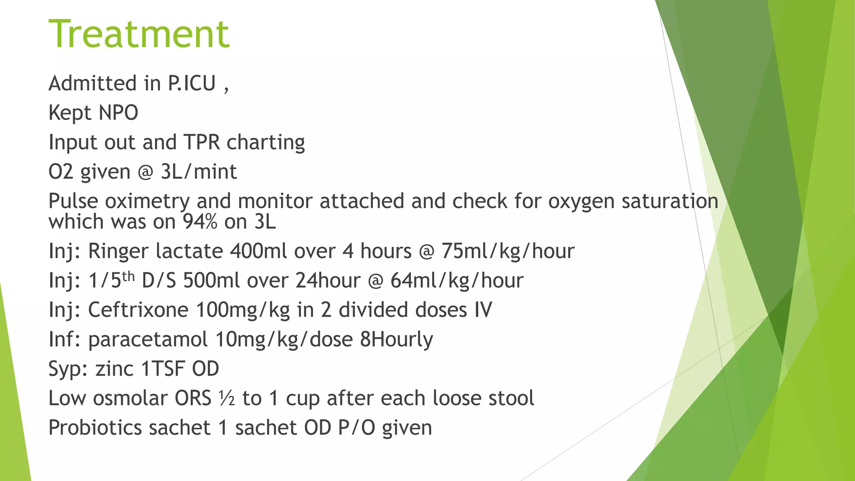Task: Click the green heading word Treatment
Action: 139,34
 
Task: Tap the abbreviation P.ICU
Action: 192,84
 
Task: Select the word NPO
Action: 118,113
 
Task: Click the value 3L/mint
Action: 199,172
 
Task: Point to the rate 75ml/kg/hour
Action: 508,251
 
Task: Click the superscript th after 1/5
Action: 128,276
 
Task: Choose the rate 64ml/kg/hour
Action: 457,281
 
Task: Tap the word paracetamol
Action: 148,339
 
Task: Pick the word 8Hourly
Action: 396,339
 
